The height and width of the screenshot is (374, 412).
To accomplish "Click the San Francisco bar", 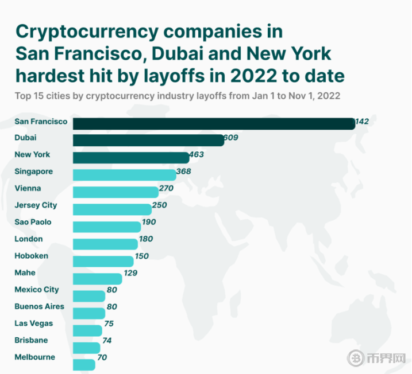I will [214, 123].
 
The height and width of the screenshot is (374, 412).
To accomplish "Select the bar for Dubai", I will [148, 141].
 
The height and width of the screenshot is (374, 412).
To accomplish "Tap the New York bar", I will [131, 158].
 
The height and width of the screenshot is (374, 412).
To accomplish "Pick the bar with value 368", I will [125, 175].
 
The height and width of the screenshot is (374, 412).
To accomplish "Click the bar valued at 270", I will [115, 192].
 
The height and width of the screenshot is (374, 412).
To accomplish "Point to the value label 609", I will [231, 138].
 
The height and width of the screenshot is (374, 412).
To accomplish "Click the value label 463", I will [196, 155].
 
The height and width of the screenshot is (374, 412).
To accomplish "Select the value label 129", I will [130, 273].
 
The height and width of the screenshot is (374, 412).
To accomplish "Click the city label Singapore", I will [34, 172].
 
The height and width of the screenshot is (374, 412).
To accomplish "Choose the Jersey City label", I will [36, 205].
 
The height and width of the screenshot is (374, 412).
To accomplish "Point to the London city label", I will [29, 239].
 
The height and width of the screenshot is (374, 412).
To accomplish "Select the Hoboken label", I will [31, 256].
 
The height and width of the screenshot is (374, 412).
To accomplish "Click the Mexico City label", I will [37, 290].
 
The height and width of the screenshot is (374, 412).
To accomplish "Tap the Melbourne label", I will [34, 357].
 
